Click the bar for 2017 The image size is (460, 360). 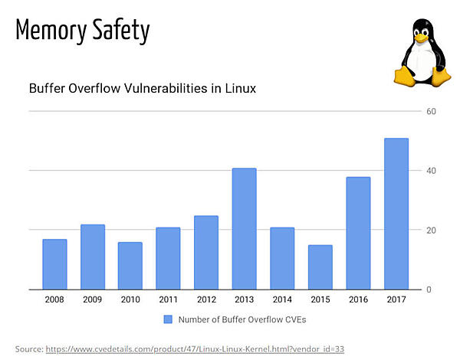[396, 214]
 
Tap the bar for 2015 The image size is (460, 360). [320, 267]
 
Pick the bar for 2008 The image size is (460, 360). [54, 264]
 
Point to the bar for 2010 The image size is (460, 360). [130, 266]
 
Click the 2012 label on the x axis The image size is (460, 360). [206, 299]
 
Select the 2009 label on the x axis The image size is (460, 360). [93, 299]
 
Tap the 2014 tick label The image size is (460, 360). [282, 299]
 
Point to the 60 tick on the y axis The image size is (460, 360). [431, 111]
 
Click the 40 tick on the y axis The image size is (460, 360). [431, 171]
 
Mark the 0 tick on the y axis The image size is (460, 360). [429, 290]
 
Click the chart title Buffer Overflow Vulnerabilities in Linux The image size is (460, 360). [142, 88]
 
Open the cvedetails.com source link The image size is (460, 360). [195, 349]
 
